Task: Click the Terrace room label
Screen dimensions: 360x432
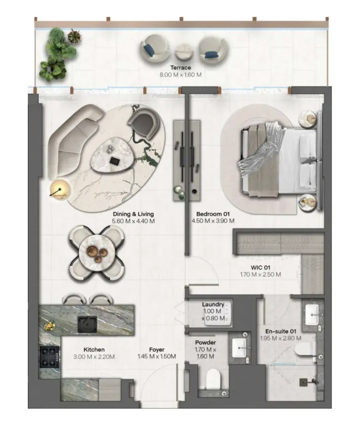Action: (181, 68)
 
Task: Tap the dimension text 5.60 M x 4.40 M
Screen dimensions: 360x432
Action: (133, 221)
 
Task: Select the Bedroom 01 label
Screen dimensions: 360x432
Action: (213, 214)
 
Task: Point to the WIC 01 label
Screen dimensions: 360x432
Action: (260, 267)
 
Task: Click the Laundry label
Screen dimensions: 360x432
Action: (213, 304)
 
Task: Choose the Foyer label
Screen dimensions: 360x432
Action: (157, 350)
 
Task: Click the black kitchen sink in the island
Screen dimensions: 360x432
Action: (87, 324)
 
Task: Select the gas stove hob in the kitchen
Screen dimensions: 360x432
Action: (50, 357)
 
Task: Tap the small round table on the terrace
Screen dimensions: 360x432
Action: (184, 52)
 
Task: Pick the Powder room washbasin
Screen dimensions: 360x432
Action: (239, 348)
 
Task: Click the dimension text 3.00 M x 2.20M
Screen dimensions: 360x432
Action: (94, 357)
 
